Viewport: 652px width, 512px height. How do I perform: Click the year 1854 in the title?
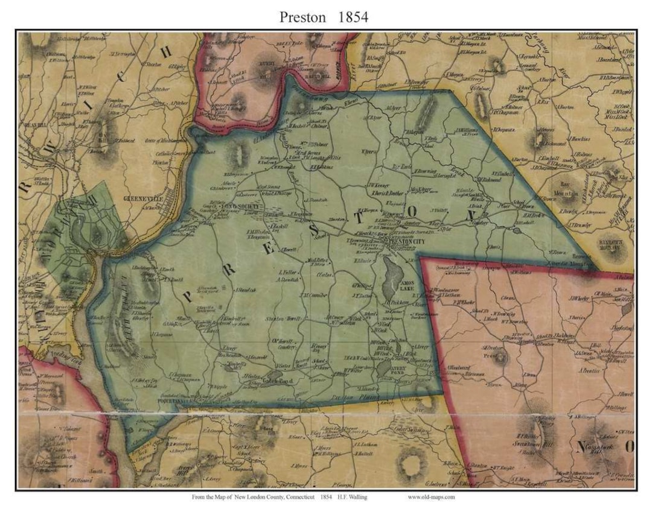(353, 17)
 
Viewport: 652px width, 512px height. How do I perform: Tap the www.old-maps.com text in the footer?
(431, 498)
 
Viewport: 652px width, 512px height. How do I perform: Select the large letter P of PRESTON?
(189, 297)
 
